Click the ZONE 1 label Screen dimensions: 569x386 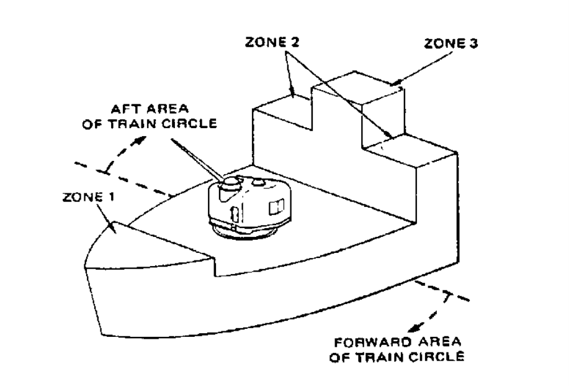[89, 197]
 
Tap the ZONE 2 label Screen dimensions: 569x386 [272, 42]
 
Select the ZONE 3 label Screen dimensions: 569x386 [451, 44]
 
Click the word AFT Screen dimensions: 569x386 [125, 109]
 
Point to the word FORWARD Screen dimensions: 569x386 [373, 342]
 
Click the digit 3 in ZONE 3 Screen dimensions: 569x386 [473, 44]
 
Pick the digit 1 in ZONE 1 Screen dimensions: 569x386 [111, 197]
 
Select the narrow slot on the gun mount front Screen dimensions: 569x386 [235, 214]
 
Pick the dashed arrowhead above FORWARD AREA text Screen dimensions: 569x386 [413, 328]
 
